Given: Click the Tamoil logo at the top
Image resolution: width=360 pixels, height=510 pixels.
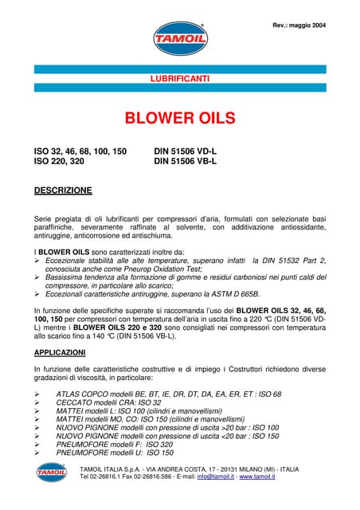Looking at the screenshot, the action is tap(179, 38).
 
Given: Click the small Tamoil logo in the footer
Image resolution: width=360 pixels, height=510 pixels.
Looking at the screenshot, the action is tap(51, 472).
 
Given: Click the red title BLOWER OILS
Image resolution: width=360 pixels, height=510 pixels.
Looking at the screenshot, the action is tap(179, 119).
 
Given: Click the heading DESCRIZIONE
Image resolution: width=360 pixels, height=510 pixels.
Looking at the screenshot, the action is tap(63, 190).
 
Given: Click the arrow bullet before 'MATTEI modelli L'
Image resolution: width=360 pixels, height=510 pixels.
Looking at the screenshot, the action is tap(37, 412).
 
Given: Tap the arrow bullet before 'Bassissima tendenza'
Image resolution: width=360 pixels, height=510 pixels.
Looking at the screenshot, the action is tap(37, 278).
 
